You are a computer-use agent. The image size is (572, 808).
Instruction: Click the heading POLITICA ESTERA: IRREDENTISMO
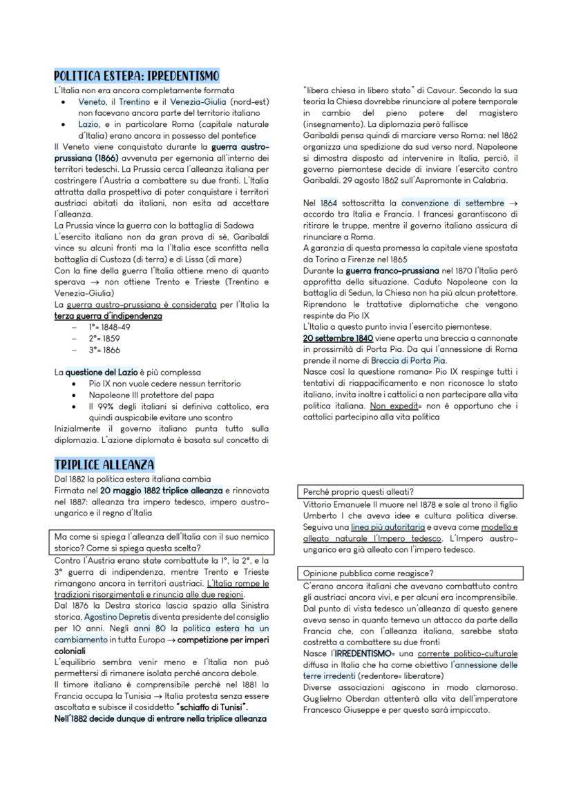[136, 75]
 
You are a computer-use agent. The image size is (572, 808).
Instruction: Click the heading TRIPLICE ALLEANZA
[104, 464]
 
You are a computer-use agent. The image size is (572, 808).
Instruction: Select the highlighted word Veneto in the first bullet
[92, 101]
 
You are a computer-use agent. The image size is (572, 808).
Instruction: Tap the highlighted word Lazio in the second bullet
[89, 124]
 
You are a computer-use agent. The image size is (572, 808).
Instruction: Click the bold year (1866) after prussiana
[104, 157]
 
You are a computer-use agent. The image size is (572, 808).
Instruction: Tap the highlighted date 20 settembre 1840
[338, 338]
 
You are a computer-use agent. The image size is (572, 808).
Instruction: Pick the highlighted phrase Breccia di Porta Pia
[408, 360]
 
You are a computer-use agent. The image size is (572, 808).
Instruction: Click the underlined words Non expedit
[387, 406]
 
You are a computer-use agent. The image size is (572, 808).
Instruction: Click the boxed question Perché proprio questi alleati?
[358, 492]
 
